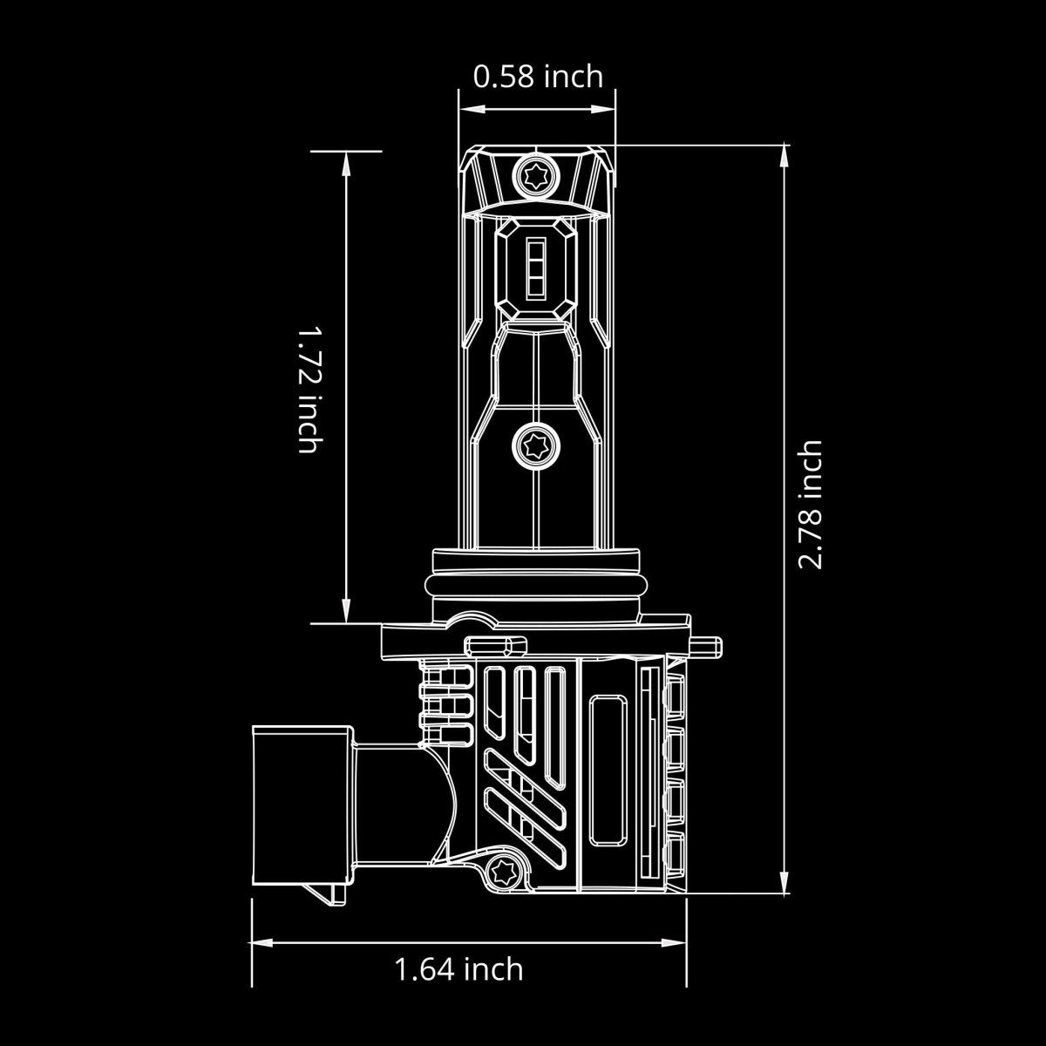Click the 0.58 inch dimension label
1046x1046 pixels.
click(537, 77)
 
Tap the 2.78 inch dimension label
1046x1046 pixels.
click(811, 504)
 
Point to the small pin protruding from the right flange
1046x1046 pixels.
click(707, 646)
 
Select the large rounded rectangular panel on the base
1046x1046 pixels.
click(608, 770)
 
